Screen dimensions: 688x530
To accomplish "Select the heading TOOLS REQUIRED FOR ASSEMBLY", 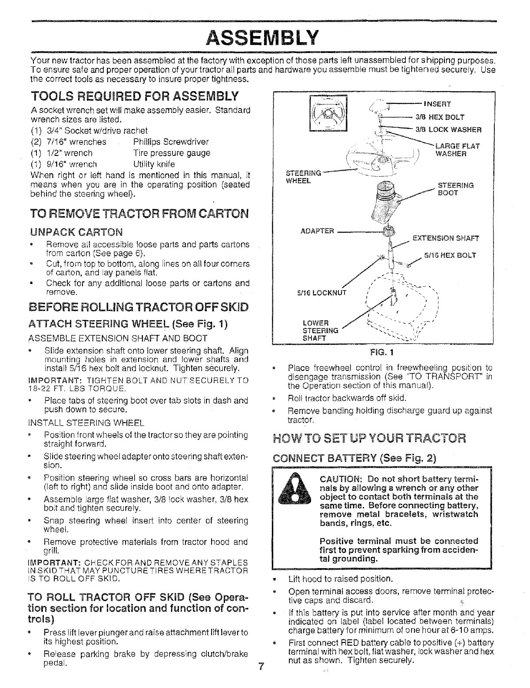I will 135,95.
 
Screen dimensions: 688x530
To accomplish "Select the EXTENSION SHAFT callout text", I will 445,238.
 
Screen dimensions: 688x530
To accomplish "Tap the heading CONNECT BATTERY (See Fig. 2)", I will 354,459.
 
